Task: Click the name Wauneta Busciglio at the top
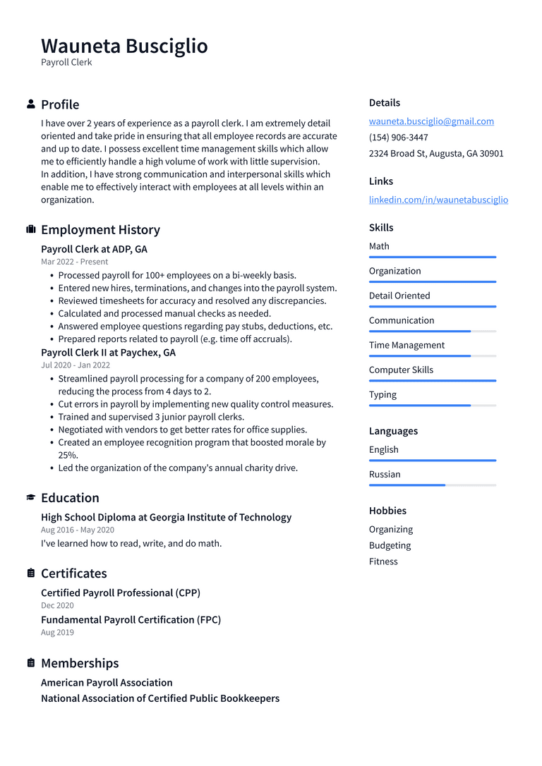124,46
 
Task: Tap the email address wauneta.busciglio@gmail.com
431,121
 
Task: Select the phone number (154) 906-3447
398,138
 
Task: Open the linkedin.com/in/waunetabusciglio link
438,200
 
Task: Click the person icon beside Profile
31,104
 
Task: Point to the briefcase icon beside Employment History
31,229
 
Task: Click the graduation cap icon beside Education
31,497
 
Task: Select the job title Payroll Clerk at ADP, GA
94,249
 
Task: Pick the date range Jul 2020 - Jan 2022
76,365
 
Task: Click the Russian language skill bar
433,485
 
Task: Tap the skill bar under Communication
433,331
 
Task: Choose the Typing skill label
383,395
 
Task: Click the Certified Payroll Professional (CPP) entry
121,592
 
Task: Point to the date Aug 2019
57,632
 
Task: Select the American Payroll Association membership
107,683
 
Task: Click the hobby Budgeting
390,545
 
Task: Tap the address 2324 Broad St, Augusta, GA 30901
436,154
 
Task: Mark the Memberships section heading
80,663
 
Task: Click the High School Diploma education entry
166,517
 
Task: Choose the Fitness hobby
383,561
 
